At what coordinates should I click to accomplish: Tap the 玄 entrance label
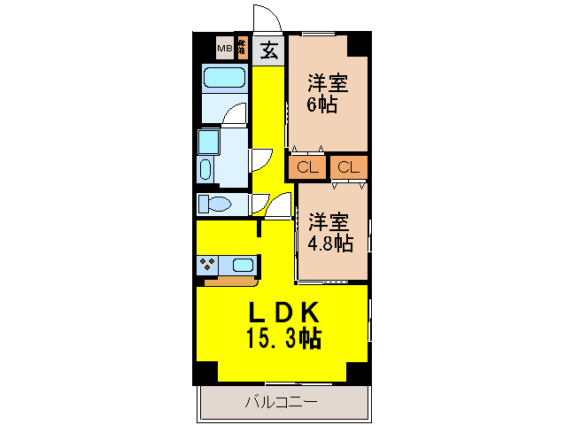tap(269, 51)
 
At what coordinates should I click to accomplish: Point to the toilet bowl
tap(216, 205)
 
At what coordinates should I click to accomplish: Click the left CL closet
tap(307, 166)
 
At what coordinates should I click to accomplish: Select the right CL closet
tap(349, 166)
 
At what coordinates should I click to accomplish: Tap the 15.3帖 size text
tap(282, 337)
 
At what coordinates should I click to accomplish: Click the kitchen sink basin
tap(243, 263)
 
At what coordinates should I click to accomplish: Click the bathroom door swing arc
tap(234, 114)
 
